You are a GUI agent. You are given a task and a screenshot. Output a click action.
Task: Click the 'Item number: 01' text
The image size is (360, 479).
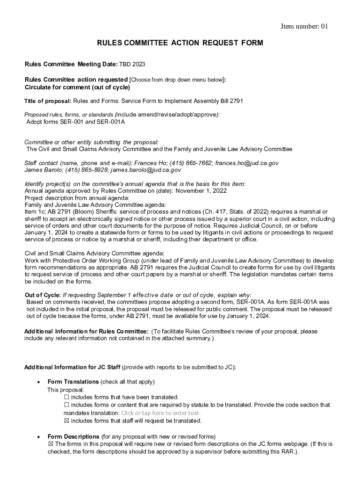point(304,27)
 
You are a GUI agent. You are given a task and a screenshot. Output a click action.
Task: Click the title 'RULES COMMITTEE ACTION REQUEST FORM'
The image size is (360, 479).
point(180,43)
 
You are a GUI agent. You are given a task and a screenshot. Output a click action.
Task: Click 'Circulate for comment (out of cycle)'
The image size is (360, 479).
point(77,87)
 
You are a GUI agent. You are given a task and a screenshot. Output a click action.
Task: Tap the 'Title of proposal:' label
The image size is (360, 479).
point(48,101)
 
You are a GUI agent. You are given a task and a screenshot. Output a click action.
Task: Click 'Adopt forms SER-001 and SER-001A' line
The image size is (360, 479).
point(75,122)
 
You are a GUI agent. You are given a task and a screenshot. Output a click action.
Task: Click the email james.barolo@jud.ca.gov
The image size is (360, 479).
point(145,170)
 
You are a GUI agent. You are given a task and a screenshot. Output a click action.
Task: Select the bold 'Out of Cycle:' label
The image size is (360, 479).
point(43,295)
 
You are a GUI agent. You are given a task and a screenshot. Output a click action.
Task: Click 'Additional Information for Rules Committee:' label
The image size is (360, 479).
point(86,332)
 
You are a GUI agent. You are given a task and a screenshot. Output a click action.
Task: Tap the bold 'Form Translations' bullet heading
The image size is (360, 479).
point(73,382)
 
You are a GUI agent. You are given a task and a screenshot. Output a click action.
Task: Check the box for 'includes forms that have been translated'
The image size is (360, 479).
point(66,397)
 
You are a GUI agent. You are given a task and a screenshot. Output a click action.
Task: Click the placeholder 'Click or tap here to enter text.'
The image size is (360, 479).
point(160,413)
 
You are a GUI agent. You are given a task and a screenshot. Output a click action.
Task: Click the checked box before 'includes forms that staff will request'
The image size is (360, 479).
point(66,421)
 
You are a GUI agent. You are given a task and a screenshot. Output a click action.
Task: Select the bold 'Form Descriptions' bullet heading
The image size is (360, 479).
point(73,436)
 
